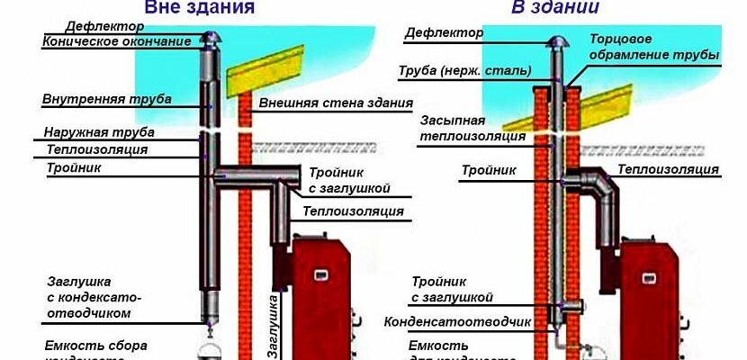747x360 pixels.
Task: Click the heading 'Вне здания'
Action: (199, 8)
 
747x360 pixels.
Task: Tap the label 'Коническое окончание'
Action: (117, 41)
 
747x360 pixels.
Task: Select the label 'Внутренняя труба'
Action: (107, 98)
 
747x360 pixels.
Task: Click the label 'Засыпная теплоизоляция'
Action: (461, 127)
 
